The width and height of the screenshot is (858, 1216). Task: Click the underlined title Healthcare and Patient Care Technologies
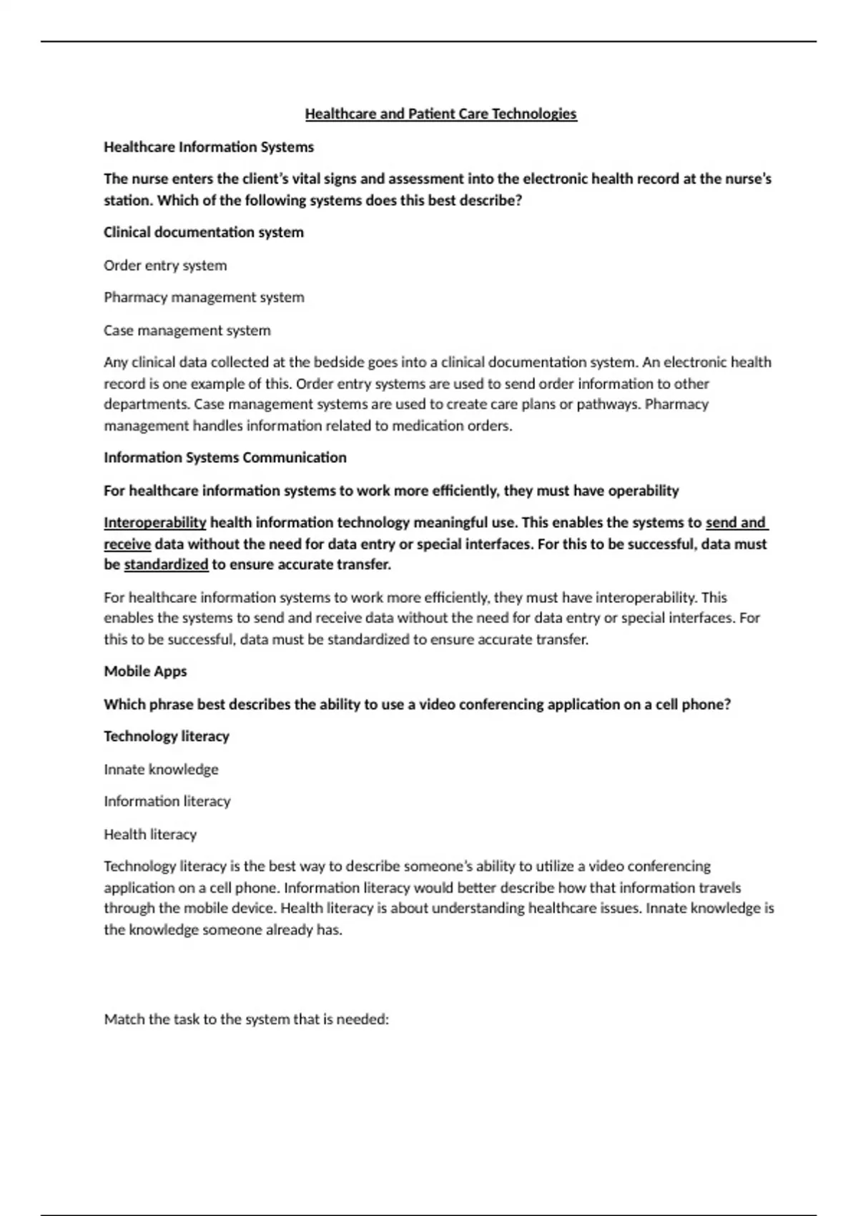[440, 114]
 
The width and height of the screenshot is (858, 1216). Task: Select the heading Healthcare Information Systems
[209, 147]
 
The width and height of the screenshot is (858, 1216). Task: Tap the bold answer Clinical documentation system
[204, 232]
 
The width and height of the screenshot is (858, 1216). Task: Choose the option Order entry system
[165, 265]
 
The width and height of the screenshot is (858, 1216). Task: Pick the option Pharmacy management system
[204, 298]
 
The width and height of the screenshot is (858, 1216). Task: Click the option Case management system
[187, 330]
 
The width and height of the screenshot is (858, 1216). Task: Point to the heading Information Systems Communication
[225, 458]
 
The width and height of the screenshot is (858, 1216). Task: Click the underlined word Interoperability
[154, 523]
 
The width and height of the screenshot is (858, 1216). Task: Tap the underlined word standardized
[166, 565]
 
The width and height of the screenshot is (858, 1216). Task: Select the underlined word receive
[127, 544]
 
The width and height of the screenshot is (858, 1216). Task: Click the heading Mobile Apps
[145, 672]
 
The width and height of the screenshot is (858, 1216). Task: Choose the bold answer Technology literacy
[167, 737]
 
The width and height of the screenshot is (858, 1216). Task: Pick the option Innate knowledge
[161, 770]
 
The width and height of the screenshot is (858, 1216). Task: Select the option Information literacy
[167, 802]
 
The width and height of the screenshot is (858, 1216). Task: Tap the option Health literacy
[150, 835]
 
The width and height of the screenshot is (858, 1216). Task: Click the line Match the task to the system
[247, 1019]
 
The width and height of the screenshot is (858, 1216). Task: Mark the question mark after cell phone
[727, 705]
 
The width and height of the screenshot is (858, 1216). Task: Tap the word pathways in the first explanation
[608, 404]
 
